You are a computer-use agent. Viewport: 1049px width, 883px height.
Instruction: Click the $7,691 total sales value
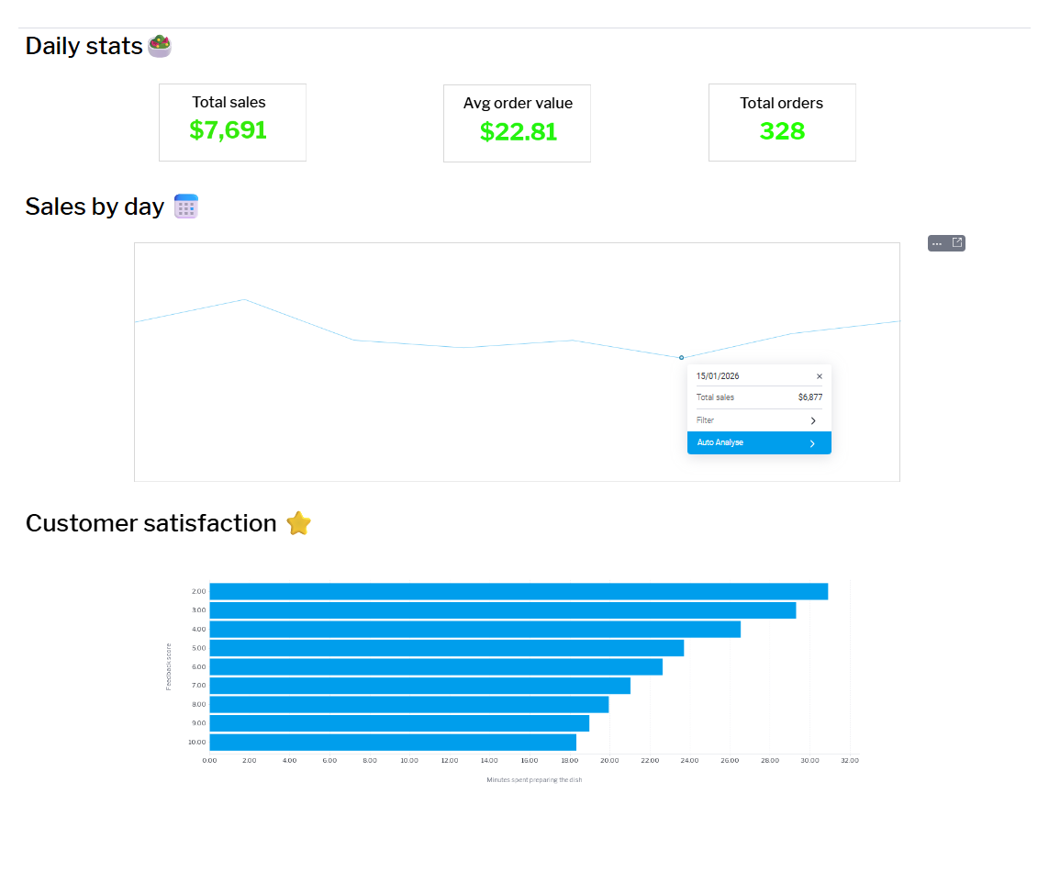click(228, 130)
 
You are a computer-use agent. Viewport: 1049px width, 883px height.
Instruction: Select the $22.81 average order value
click(519, 132)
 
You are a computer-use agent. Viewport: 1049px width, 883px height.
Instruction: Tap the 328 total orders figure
click(782, 131)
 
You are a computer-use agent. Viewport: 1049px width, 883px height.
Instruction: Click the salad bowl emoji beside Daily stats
click(160, 46)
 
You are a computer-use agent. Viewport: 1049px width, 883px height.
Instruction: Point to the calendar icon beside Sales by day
click(186, 207)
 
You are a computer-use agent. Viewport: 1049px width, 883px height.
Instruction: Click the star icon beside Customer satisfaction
click(298, 523)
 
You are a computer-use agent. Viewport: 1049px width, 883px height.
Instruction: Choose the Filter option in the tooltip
click(759, 420)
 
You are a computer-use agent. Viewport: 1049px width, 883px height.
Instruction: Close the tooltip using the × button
click(820, 376)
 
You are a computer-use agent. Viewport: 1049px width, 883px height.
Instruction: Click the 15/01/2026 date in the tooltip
click(718, 376)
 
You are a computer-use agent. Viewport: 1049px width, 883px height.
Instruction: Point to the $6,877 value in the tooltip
click(810, 397)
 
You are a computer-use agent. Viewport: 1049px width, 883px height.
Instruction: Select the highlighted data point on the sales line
click(681, 357)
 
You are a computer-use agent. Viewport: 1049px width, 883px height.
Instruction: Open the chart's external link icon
click(957, 243)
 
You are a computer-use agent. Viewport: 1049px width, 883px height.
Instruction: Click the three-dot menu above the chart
click(937, 243)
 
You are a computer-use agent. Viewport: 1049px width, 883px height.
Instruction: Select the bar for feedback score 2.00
click(519, 591)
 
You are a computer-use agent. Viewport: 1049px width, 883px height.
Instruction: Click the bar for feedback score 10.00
click(393, 742)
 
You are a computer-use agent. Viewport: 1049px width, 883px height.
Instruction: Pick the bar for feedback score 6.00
click(436, 666)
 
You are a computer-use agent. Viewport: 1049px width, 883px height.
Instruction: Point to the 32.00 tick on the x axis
click(850, 761)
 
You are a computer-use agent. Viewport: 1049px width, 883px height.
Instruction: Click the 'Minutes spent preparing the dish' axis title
click(534, 780)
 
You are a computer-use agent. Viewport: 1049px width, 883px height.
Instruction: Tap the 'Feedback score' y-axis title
click(169, 666)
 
